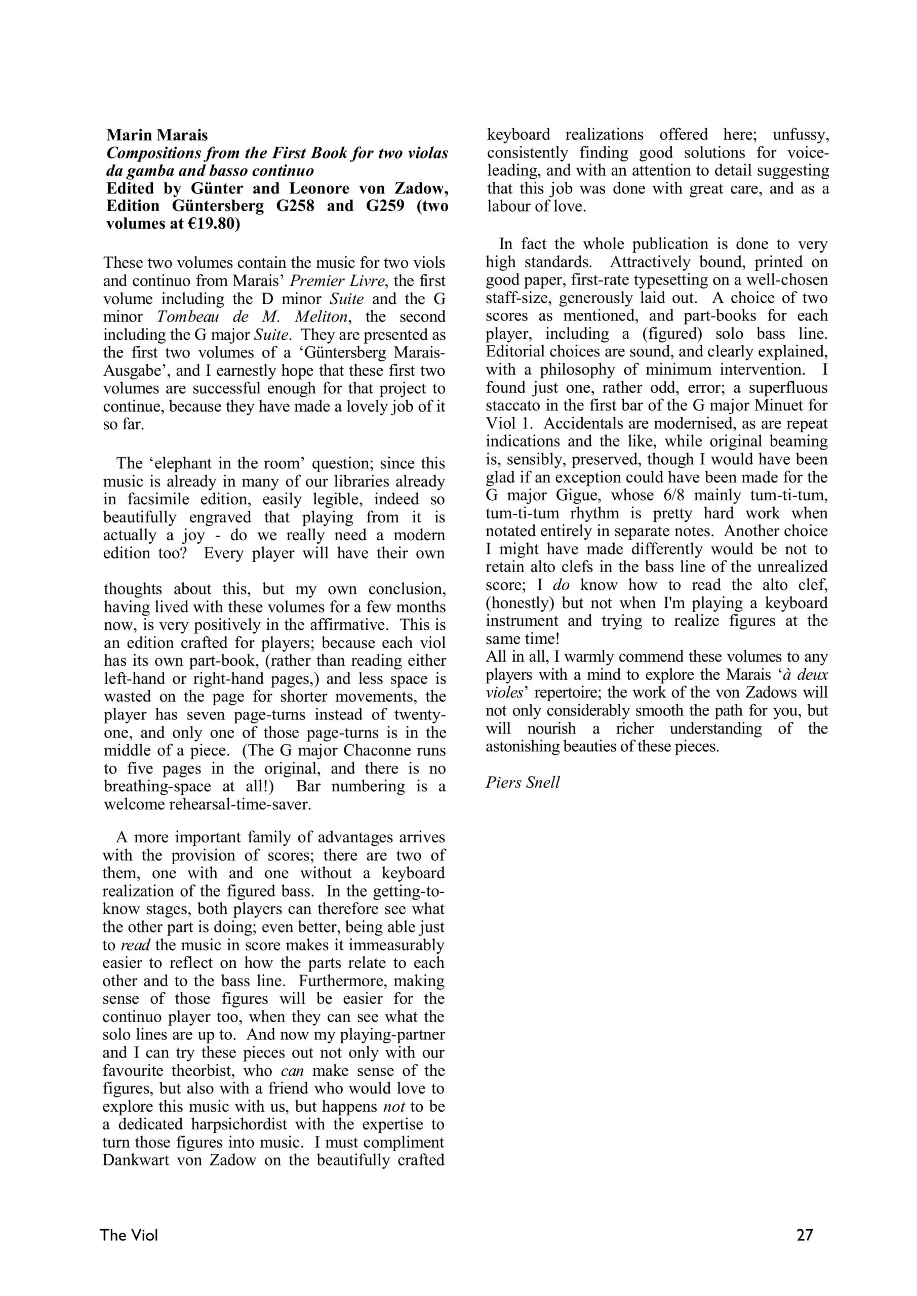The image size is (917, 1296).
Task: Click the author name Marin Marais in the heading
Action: coord(157,136)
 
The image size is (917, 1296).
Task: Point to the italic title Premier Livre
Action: coord(328,280)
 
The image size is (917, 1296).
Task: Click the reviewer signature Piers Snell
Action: coord(523,782)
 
